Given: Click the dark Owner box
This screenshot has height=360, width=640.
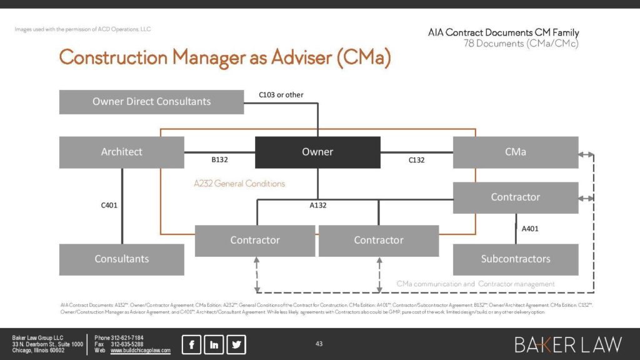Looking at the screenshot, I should (x=317, y=152).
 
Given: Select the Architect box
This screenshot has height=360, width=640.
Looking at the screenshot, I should (x=122, y=152).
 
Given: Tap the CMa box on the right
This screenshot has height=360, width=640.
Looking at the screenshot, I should (x=516, y=152).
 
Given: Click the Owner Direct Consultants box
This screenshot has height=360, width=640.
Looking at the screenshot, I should (x=151, y=102).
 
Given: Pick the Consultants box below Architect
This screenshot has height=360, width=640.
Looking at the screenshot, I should (x=122, y=259).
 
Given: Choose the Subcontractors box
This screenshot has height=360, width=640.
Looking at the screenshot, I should (x=516, y=259).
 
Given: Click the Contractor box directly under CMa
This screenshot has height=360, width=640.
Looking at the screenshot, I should (x=516, y=197).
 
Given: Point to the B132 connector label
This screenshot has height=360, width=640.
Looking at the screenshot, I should (x=219, y=160).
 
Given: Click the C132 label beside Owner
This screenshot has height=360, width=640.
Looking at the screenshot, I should (x=416, y=160).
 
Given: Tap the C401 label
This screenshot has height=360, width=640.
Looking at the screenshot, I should (x=109, y=205).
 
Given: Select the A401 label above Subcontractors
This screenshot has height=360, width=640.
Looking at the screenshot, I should (x=530, y=229).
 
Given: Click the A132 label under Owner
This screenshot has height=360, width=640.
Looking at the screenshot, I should (x=318, y=205).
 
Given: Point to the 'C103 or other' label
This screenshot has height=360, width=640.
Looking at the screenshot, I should (x=281, y=95).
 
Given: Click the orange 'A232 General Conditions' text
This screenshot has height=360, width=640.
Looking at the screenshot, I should (x=239, y=184).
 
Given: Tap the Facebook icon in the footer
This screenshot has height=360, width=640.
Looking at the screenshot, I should (x=191, y=344).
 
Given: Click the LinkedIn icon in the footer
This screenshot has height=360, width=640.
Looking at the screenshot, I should (x=214, y=344).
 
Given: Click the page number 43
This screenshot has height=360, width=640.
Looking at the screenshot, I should (x=319, y=344).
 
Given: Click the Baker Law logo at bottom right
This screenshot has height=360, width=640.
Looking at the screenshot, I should (x=568, y=344).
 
